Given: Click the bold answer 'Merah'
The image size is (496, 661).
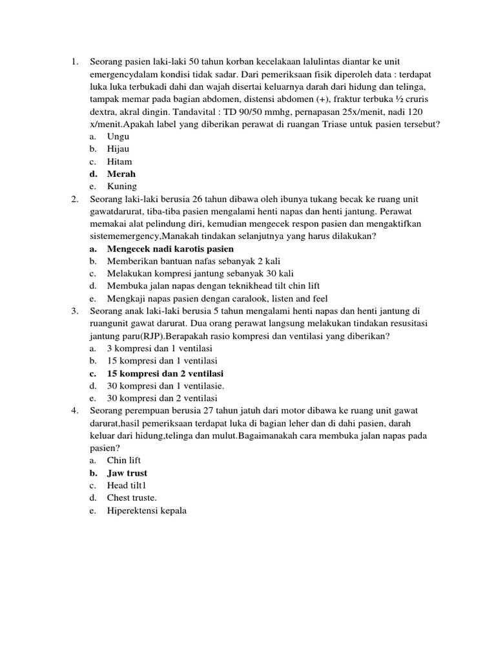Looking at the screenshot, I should tap(121, 174).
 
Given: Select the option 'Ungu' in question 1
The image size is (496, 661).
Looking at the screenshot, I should tap(118, 136).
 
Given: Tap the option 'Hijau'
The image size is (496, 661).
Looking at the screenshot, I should tap(118, 148).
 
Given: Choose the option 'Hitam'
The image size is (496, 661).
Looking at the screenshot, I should tap(119, 161).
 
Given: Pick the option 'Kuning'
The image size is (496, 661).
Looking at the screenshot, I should tap(122, 187).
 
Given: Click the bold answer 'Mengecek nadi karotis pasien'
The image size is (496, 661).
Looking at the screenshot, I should tap(170, 249).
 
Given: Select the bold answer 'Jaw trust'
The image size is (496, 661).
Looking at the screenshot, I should tap(127, 473).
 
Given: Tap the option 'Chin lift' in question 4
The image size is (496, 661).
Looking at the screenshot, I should tap(123, 460).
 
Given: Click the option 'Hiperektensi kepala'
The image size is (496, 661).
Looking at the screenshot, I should tap(147, 510).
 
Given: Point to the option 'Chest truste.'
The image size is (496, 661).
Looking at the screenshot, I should tap(132, 498).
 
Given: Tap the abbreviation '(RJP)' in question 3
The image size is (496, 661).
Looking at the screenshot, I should tap(143, 336).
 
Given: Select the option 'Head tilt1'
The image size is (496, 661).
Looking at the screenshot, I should tap(127, 485).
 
